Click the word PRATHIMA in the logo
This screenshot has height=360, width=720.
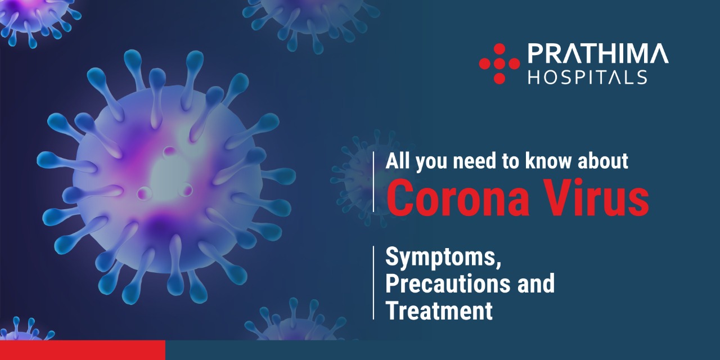[598, 53]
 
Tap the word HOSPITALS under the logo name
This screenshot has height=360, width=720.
[588, 78]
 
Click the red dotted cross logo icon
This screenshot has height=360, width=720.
[499, 64]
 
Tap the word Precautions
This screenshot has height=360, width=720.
[448, 283]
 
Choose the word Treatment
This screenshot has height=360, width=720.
[439, 310]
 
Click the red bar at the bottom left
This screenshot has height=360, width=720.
[83, 350]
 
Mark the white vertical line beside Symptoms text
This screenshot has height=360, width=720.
[373, 282]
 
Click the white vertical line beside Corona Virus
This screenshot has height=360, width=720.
[373, 182]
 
